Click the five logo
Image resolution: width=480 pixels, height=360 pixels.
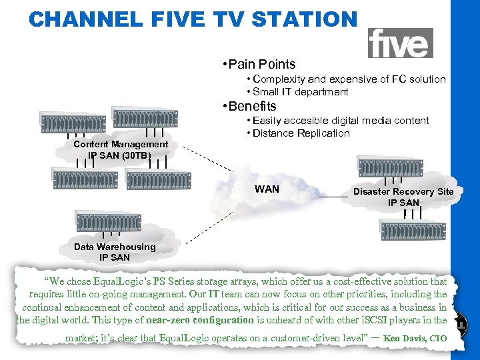(x=400, y=43)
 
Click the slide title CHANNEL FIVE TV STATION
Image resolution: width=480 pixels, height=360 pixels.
(x=193, y=19)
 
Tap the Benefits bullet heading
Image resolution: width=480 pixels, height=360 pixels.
(x=251, y=106)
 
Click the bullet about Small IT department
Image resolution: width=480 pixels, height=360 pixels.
(x=299, y=92)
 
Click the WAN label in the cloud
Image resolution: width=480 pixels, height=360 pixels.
(x=267, y=189)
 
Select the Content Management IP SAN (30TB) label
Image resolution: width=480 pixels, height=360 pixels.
(x=121, y=150)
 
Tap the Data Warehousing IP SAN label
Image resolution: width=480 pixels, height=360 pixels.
(x=115, y=251)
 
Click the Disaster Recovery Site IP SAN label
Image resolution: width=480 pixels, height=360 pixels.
(x=403, y=197)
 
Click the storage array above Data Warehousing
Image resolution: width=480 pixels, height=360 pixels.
(x=109, y=221)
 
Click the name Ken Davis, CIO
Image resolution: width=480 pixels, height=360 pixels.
(x=415, y=339)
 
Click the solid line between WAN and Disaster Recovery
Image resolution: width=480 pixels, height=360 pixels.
(x=333, y=198)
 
